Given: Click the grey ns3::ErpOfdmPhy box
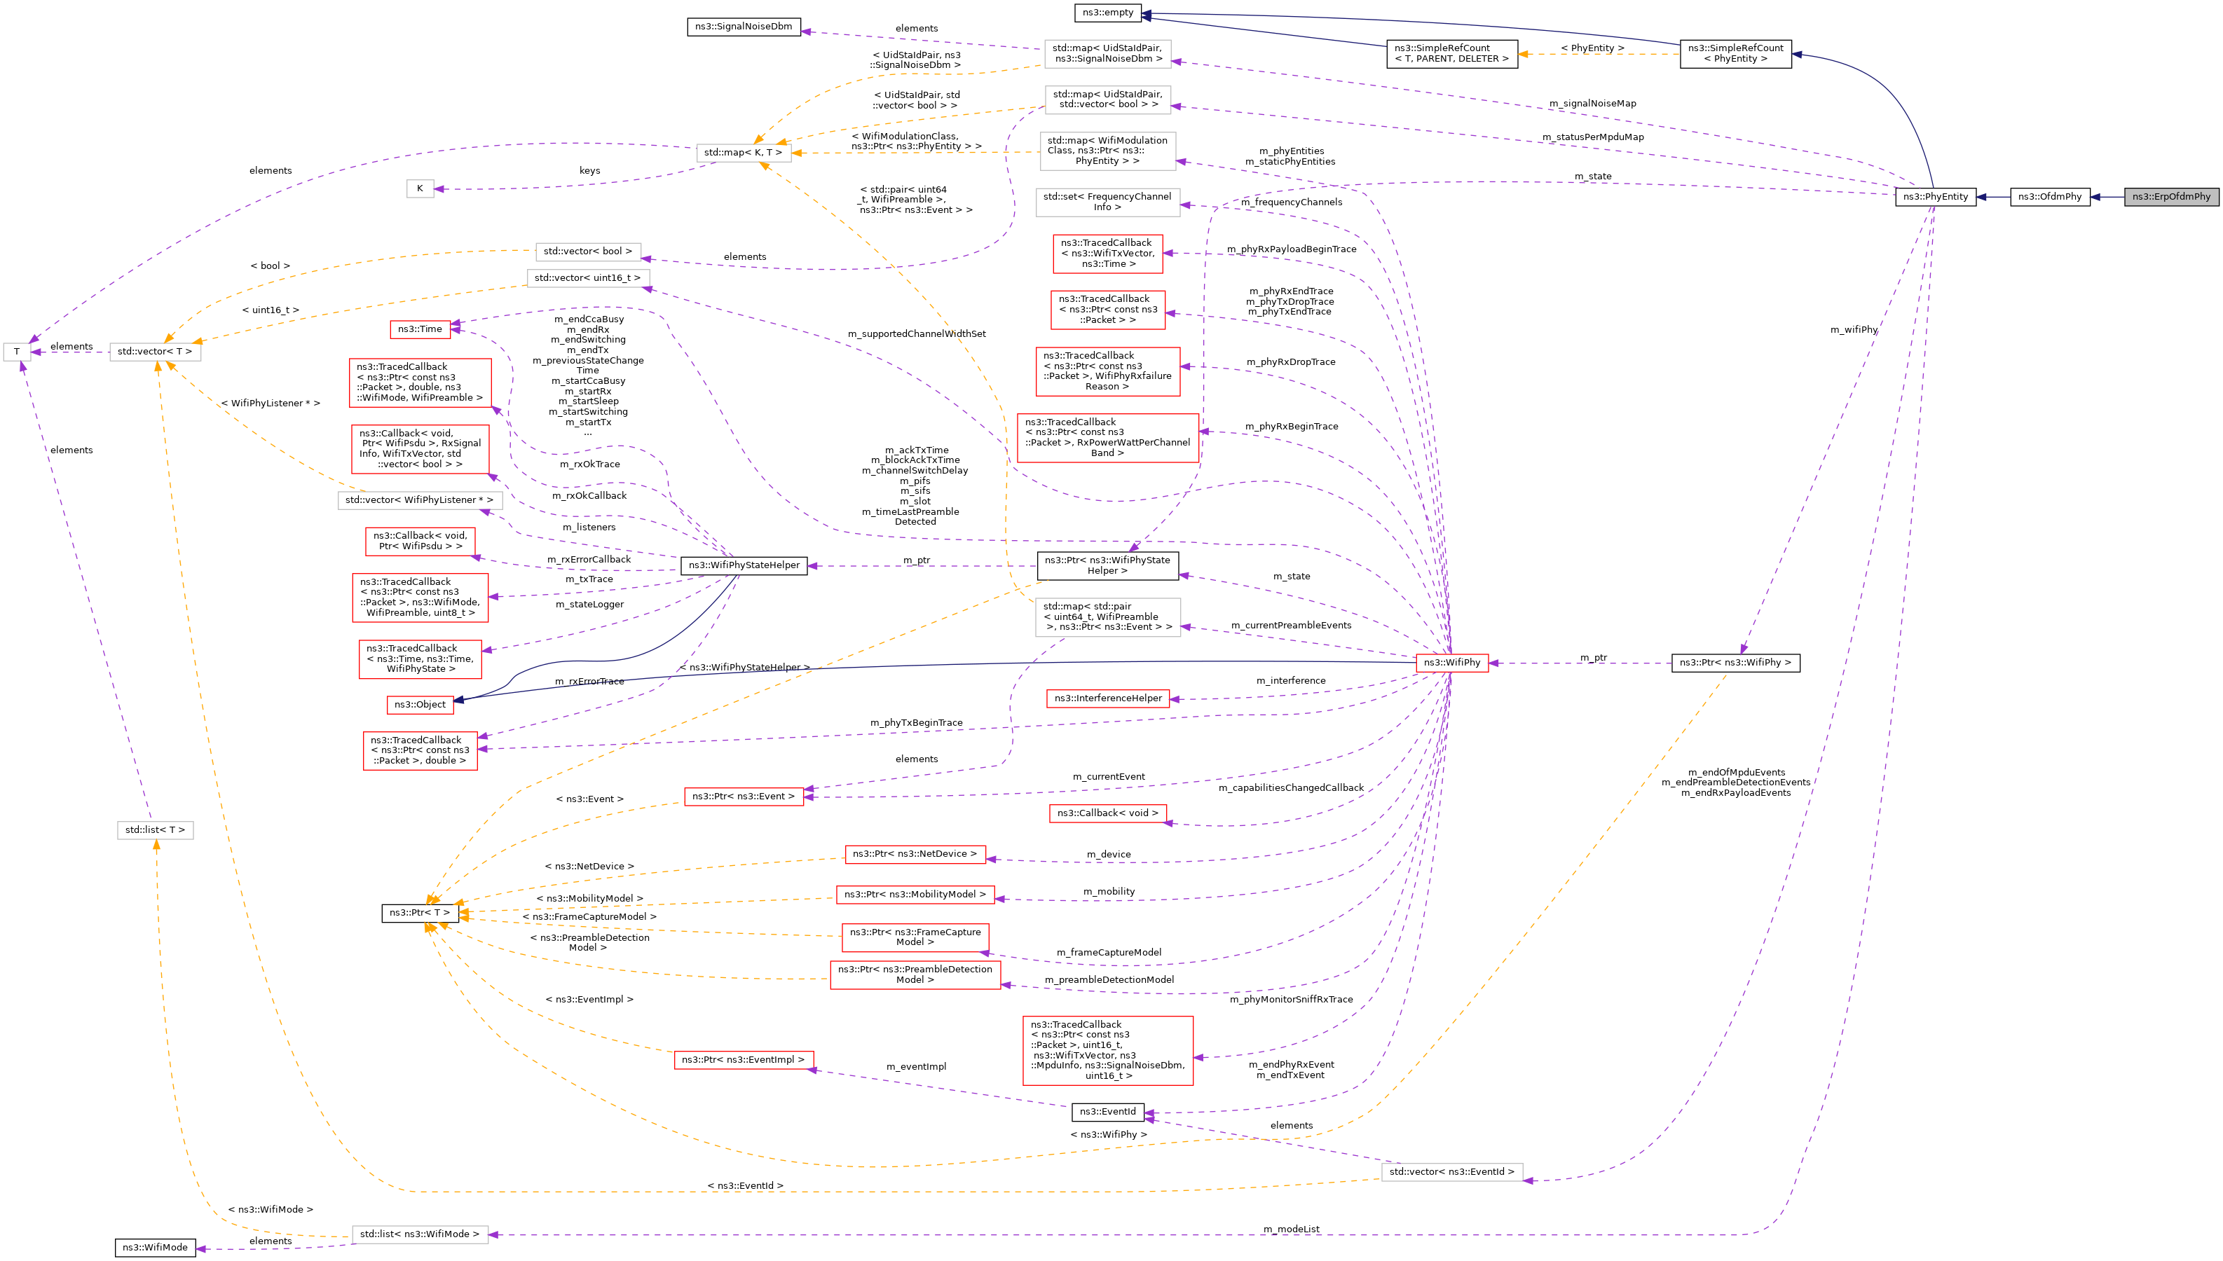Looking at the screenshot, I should (2171, 197).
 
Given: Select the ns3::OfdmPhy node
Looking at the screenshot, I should (2049, 197).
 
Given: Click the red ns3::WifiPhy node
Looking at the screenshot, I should (1451, 663).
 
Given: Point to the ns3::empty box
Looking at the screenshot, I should (1107, 12).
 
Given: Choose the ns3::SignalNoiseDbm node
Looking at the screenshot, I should (744, 27).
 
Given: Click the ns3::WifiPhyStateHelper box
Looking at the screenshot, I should (744, 565).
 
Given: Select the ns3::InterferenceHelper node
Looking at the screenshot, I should (1107, 698).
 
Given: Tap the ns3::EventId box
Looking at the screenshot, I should (1107, 1112).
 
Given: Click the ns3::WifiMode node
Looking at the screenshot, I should (155, 1247).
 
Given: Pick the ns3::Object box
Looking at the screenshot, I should (420, 705).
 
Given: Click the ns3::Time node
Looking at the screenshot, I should (420, 329).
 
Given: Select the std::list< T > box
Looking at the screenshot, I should (155, 829).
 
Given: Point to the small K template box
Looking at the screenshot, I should (420, 189).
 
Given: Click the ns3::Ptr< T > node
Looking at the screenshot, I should (420, 913).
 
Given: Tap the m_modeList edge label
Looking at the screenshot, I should (1291, 1229).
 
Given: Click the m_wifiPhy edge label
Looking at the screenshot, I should (1854, 330).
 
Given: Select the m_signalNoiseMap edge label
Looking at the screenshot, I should (1592, 104).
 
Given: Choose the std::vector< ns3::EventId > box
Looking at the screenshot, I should (1451, 1172).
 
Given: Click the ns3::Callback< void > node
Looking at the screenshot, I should (1107, 813).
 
